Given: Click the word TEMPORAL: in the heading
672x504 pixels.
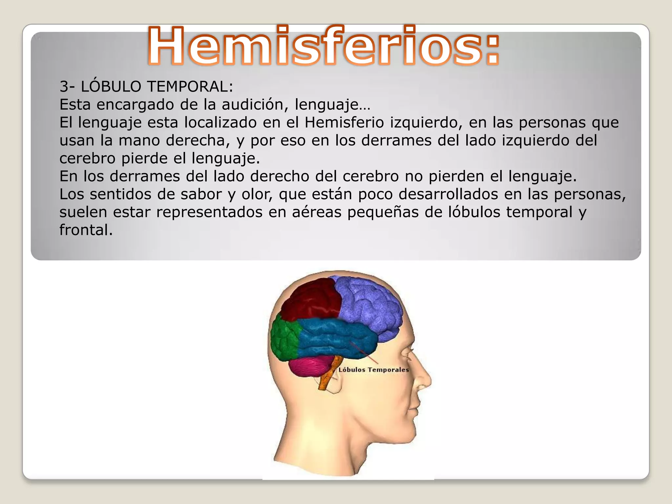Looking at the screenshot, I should (190, 87).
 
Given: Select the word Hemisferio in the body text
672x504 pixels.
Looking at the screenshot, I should (344, 123).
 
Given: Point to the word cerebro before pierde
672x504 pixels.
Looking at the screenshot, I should (87, 158).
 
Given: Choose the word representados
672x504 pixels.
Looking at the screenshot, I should (209, 212).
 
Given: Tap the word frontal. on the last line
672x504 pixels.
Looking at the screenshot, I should (86, 230).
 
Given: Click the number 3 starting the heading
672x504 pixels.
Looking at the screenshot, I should (64, 87).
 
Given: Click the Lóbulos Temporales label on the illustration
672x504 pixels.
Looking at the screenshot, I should (374, 370).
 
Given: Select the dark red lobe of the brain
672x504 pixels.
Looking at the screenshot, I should (312, 300).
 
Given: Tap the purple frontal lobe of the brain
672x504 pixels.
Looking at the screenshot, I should (367, 305).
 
